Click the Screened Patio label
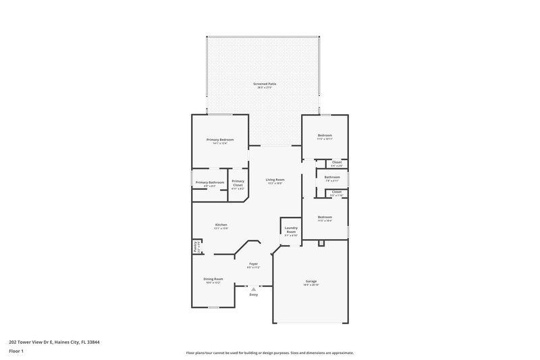pyautogui.click(x=265, y=84)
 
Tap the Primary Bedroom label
pyautogui.click(x=220, y=139)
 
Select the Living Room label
pyautogui.click(x=275, y=180)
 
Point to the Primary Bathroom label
pyautogui.click(x=210, y=182)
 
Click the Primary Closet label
pyautogui.click(x=238, y=182)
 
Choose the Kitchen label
pyautogui.click(x=221, y=224)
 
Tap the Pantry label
pyautogui.click(x=196, y=247)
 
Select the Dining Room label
pyautogui.click(x=213, y=278)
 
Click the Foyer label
pyautogui.click(x=254, y=263)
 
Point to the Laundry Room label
pyautogui.click(x=291, y=230)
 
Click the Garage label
pyautogui.click(x=310, y=281)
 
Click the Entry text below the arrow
pyautogui.click(x=254, y=295)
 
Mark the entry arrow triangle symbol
pyautogui.click(x=254, y=288)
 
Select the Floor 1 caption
pyautogui.click(x=16, y=351)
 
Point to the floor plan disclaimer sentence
pyautogui.click(x=269, y=353)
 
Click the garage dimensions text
pyautogui.click(x=310, y=285)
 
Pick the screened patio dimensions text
pyautogui.click(x=265, y=88)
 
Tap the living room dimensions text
pyautogui.click(x=275, y=184)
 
